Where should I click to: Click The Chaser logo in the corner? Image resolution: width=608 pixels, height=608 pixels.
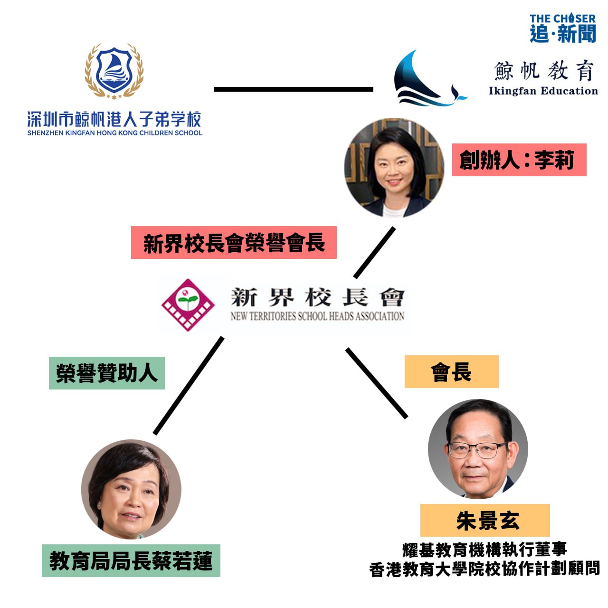[562, 28]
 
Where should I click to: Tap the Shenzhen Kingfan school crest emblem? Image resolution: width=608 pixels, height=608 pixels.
[114, 71]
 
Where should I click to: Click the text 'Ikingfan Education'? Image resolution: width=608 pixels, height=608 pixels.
[543, 91]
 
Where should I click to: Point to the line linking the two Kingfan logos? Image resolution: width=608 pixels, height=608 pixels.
[293, 89]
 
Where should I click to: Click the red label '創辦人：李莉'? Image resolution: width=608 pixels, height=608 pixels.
[519, 160]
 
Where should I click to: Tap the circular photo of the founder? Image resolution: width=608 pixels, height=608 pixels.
[394, 168]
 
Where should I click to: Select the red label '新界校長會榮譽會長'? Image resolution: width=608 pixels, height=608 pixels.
[234, 243]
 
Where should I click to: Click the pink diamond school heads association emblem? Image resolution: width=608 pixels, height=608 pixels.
[188, 304]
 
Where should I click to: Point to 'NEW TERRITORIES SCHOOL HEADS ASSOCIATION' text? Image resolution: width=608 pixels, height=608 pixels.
[317, 316]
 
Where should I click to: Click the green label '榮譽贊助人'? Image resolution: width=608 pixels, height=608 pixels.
[107, 373]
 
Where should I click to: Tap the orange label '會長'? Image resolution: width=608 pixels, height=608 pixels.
[451, 372]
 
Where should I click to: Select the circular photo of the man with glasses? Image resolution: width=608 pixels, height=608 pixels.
[477, 448]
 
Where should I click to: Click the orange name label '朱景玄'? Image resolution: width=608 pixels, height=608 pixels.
[485, 521]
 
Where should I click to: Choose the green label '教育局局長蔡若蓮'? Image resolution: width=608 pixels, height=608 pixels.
[131, 561]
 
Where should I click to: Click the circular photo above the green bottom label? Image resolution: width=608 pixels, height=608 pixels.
[131, 489]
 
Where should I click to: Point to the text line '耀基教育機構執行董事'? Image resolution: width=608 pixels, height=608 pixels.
[484, 550]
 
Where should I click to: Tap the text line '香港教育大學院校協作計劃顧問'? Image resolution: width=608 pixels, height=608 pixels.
[484, 569]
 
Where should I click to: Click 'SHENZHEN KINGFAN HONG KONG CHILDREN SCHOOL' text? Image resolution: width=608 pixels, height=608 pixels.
[114, 133]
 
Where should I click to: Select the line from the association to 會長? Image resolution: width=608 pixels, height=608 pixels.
[376, 383]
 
